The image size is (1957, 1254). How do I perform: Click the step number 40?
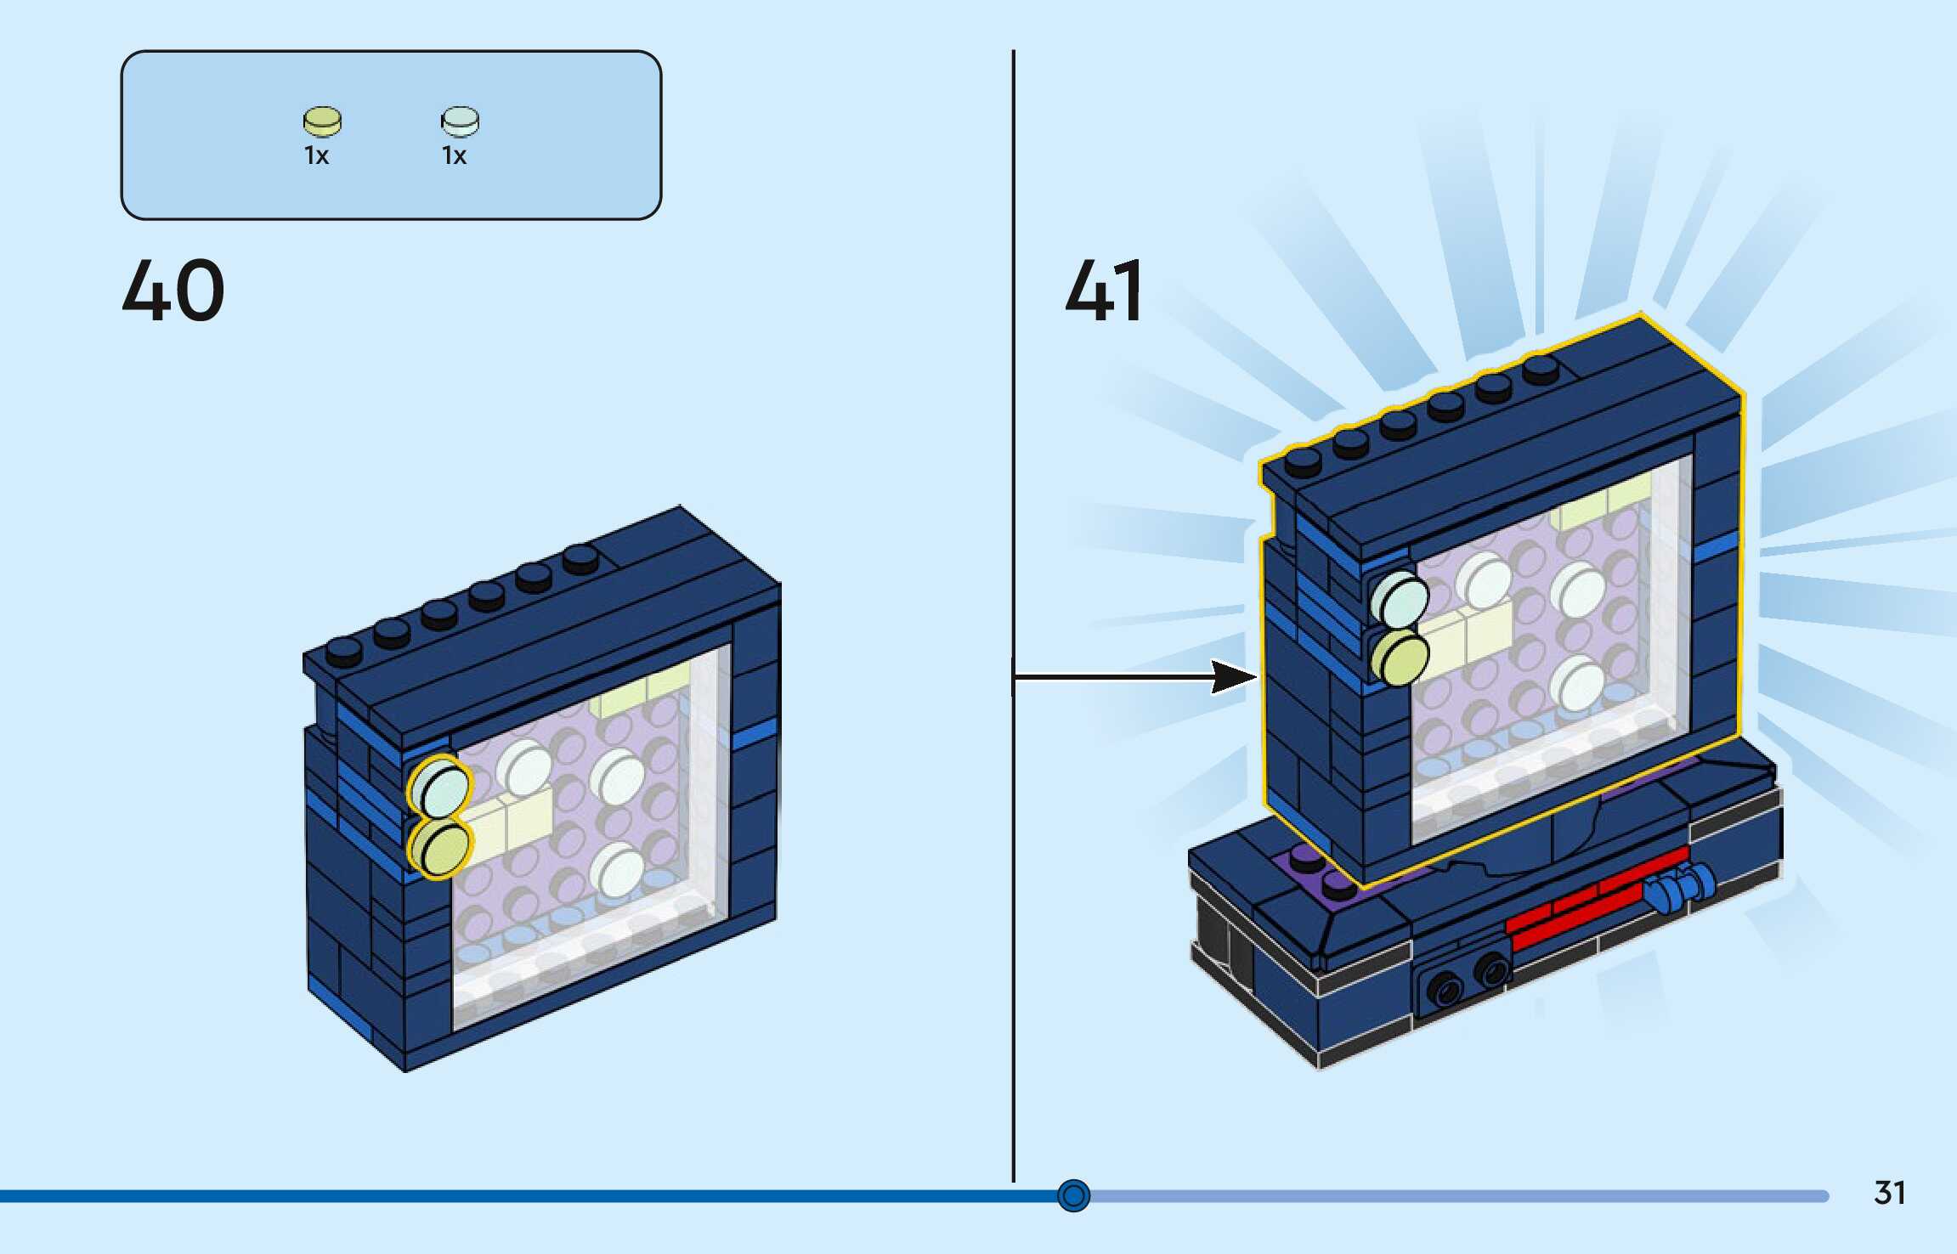[173, 291]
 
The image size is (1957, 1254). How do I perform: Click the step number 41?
[1104, 291]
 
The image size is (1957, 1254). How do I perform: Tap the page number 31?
[1890, 1193]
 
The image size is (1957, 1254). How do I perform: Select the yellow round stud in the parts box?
[322, 121]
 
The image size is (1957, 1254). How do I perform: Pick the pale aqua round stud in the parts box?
[460, 121]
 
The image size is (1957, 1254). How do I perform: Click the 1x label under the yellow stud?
[316, 155]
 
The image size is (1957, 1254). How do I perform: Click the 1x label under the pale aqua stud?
[454, 155]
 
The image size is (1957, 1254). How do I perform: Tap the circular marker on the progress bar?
[1073, 1195]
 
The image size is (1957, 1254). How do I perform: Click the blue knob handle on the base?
[1678, 887]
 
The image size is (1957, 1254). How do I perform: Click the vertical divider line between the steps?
[1013, 510]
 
